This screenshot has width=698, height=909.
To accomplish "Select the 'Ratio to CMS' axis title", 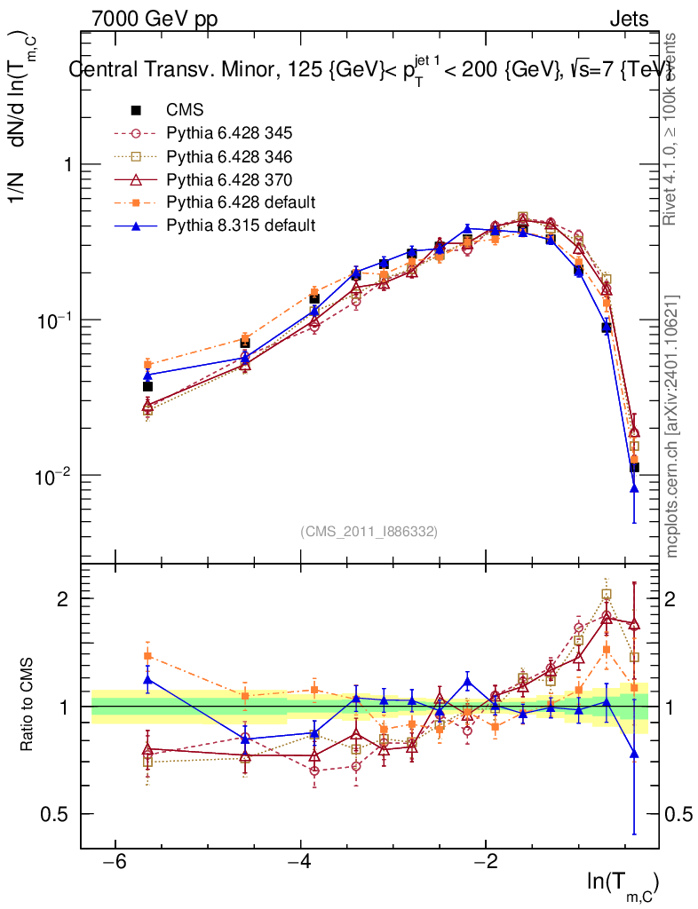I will coord(28,706).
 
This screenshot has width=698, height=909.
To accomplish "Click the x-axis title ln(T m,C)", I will coord(623,884).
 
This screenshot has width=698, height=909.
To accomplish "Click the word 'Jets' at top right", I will coord(628,19).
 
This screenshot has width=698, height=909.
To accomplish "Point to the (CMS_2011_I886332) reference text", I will coord(369,531).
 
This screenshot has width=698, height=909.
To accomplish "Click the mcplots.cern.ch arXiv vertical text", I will coord(673,426).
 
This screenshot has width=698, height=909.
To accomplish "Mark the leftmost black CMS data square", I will coord(147,386).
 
